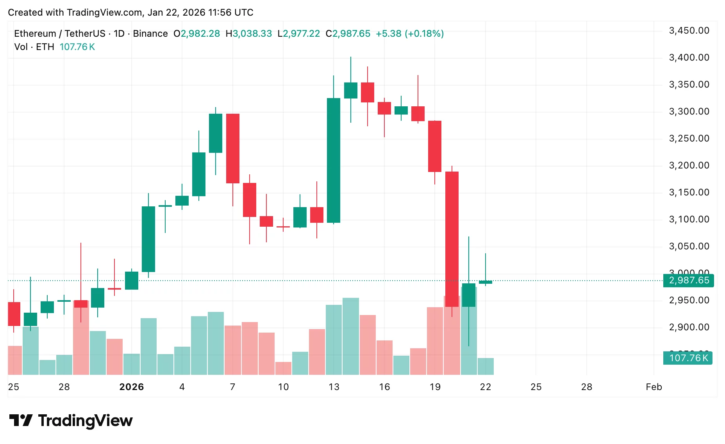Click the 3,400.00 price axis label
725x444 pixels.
point(689,57)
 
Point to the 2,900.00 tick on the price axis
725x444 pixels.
point(689,327)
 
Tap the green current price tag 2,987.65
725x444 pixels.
point(689,280)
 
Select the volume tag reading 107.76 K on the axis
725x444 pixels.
point(688,358)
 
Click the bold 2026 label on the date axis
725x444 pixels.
point(132,387)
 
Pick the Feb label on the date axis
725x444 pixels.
point(654,387)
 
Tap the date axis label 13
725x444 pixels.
point(334,387)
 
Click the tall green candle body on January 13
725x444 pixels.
point(334,160)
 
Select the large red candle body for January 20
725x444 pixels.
point(452,238)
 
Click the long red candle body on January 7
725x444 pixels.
point(233,149)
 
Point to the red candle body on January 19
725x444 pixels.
point(435,146)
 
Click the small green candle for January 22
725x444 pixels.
point(486,282)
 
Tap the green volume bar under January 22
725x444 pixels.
point(486,366)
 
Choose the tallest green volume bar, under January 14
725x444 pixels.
point(351,336)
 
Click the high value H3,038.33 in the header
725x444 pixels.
point(249,34)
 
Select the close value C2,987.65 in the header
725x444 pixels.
point(348,34)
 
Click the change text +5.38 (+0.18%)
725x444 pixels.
point(410,34)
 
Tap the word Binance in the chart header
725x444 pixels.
point(150,34)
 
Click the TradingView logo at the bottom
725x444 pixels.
point(71,421)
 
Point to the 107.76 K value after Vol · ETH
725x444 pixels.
point(77,47)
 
